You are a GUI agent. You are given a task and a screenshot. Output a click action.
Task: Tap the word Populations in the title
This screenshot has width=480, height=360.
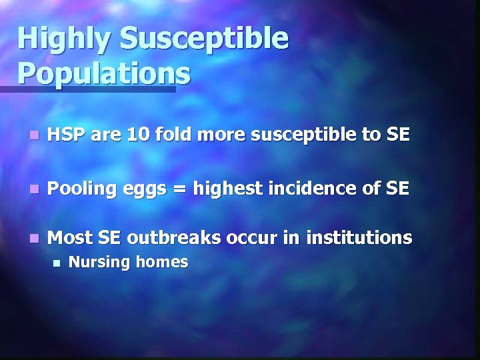point(104,73)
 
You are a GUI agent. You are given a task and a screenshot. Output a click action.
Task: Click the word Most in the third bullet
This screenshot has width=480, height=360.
point(69,237)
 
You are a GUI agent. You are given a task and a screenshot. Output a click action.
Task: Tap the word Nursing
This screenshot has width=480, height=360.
point(98,263)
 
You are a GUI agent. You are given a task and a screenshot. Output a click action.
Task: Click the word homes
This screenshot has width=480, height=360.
point(163,262)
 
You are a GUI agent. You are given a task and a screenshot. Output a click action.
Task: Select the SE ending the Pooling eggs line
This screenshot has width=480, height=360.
point(397,189)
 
